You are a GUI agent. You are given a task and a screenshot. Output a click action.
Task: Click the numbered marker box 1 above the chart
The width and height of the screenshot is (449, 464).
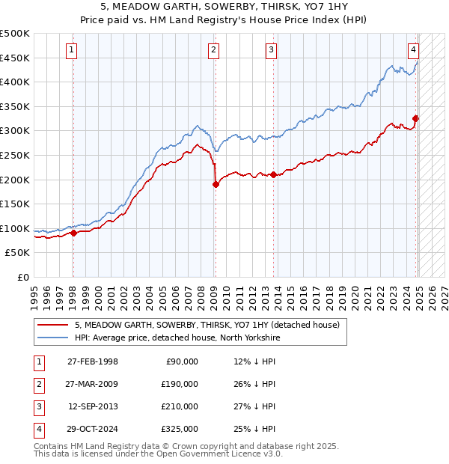(x=71, y=50)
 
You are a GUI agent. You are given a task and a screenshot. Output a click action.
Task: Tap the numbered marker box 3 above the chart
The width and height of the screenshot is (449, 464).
(x=271, y=50)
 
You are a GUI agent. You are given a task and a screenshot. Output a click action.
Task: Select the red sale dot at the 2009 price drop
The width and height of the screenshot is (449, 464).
(x=216, y=184)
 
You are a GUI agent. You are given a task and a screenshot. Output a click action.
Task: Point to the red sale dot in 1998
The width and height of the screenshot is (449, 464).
(x=74, y=233)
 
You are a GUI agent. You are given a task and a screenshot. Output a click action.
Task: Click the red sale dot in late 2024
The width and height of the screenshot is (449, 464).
(x=416, y=118)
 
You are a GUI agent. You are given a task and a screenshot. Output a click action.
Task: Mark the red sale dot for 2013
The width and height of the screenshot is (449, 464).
(x=273, y=174)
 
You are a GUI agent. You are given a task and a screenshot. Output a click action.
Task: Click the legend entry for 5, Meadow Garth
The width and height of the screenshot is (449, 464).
(x=207, y=325)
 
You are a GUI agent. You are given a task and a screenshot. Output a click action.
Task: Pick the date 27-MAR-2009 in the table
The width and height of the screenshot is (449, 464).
(x=93, y=384)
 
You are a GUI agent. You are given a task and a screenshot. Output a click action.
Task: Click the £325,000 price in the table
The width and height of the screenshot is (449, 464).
(x=180, y=429)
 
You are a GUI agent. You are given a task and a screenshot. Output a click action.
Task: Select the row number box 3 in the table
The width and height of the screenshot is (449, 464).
(x=37, y=406)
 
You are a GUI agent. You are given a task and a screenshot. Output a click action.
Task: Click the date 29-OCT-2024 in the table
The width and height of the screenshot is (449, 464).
(x=93, y=429)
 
